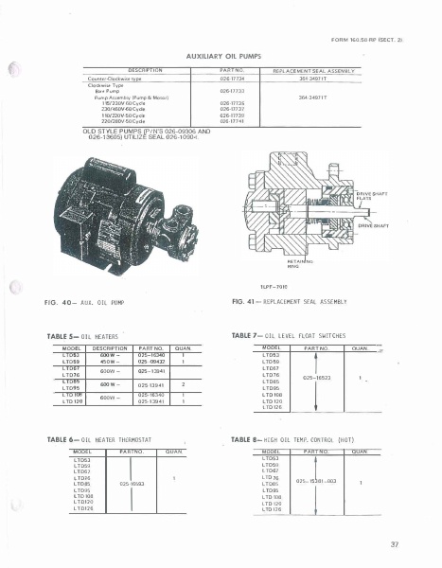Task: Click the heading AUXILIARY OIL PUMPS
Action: tap(220, 57)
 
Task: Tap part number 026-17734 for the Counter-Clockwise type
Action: tap(233, 79)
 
